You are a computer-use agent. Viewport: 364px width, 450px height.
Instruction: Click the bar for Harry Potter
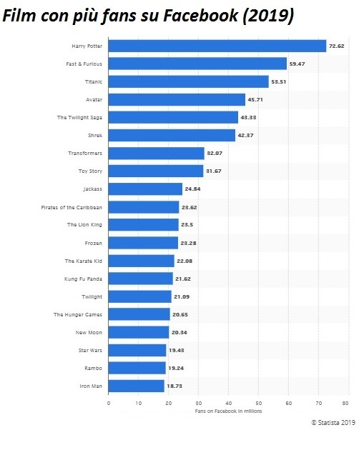(217, 46)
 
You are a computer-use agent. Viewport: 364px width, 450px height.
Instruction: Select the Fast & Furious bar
(197, 64)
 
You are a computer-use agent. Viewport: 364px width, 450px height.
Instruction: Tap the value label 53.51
(280, 81)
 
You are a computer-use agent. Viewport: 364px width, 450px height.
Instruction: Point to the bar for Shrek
(172, 135)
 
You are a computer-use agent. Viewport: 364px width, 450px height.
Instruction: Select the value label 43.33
(249, 117)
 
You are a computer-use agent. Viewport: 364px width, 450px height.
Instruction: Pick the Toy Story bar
(156, 171)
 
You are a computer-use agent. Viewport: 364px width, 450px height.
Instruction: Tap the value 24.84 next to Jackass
(194, 189)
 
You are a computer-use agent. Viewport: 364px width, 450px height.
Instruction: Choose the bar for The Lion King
(144, 225)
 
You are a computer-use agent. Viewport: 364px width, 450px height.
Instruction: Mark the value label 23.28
(189, 243)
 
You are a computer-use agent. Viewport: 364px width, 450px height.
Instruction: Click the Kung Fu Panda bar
(141, 279)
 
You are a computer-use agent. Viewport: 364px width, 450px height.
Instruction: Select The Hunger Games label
(78, 314)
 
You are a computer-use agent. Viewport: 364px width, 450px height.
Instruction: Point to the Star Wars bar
(137, 350)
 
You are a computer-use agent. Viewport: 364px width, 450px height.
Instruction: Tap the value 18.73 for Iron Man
(175, 386)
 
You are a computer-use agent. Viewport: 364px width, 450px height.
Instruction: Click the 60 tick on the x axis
(288, 404)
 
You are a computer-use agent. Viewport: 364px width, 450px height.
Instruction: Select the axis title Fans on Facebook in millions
(228, 411)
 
